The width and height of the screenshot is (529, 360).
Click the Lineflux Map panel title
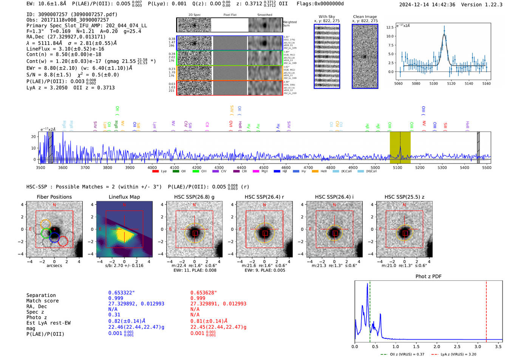[x=124, y=197]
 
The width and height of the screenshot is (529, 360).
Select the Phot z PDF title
[x=428, y=277]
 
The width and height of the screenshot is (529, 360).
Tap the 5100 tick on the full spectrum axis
[x=398, y=168]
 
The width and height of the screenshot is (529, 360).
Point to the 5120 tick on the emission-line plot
[x=451, y=83]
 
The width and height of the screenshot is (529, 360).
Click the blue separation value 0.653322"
[x=121, y=293]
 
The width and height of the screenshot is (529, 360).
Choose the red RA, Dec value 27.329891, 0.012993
[x=218, y=304]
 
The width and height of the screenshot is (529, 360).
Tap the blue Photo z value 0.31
[x=114, y=315]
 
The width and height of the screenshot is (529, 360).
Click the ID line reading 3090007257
[x=72, y=14]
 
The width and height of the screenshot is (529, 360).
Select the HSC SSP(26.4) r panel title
[x=264, y=197]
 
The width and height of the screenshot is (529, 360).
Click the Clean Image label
[x=365, y=17]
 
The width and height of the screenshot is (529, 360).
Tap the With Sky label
[x=326, y=17]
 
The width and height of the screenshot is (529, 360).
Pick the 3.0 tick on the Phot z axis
[x=478, y=346]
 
